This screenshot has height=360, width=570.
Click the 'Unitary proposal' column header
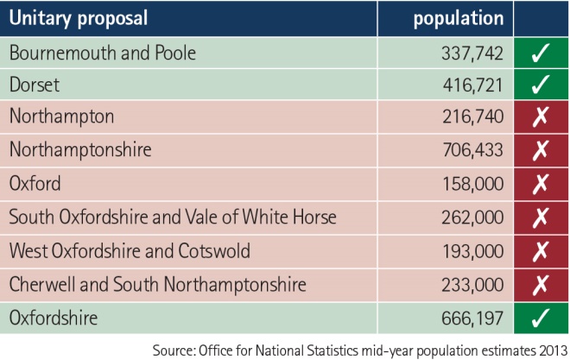tap(78, 17)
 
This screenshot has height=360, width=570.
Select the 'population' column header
tap(458, 17)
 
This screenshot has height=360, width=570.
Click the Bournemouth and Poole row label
tap(103, 53)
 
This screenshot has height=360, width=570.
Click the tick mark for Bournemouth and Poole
tap(541, 54)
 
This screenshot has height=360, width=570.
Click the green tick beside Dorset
tap(541, 86)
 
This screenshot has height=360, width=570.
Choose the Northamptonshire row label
tap(80, 149)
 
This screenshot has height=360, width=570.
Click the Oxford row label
tap(34, 183)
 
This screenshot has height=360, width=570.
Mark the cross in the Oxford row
tap(541, 183)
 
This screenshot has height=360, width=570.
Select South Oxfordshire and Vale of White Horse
tap(173, 217)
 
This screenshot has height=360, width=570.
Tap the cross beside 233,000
tap(541, 283)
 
